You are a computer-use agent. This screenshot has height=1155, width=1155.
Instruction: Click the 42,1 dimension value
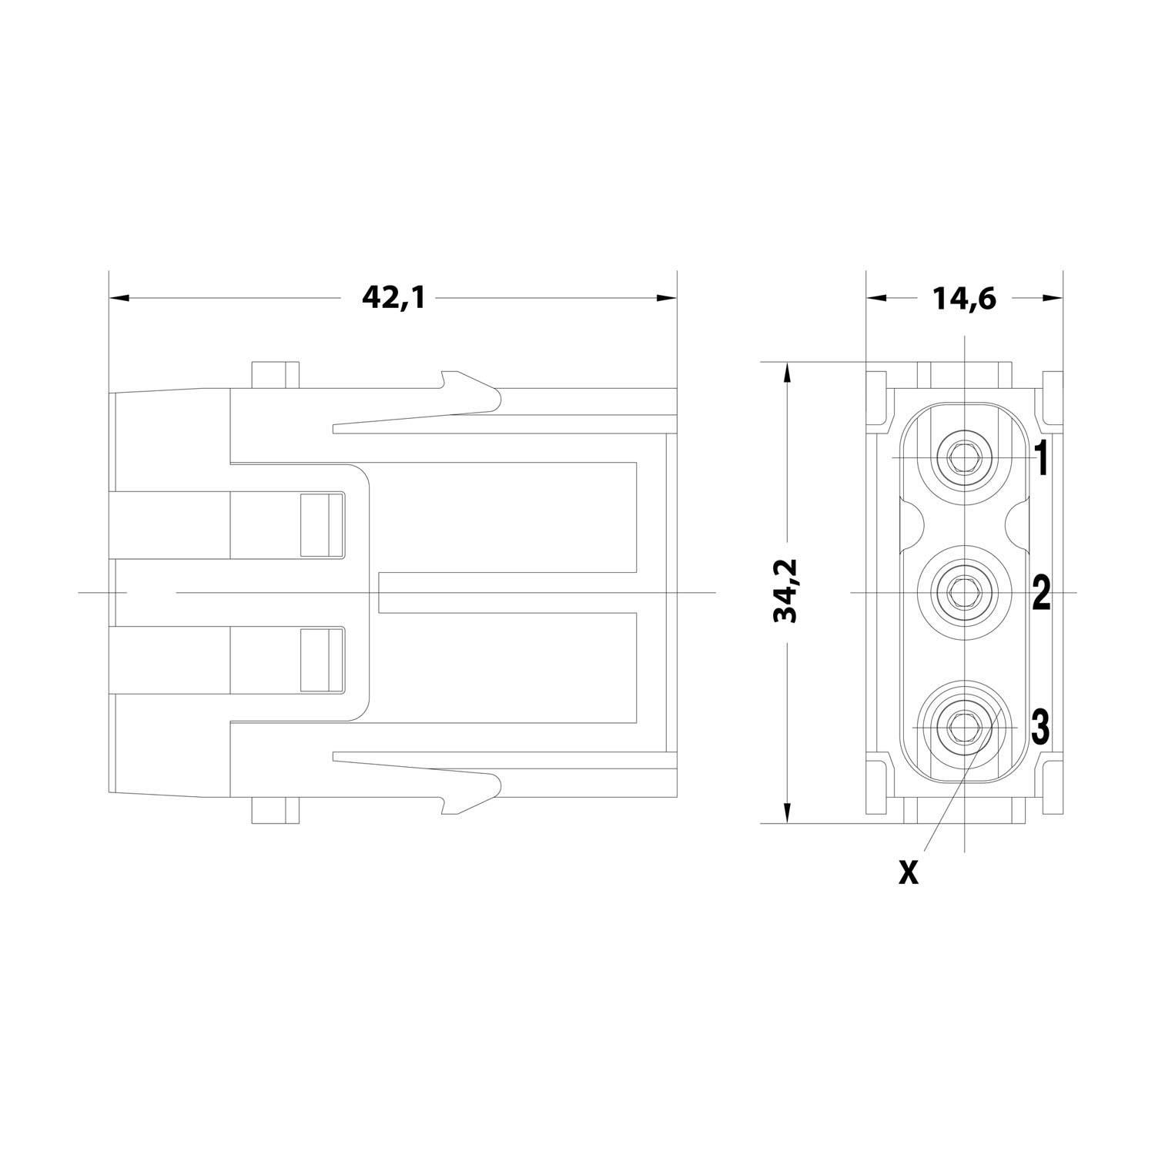pos(393,297)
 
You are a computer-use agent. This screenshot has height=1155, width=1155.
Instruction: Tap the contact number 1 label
pos(1041,459)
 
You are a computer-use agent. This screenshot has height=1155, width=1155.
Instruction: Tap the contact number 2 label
pos(1041,593)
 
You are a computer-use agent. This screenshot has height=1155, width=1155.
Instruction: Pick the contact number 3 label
pos(1039,727)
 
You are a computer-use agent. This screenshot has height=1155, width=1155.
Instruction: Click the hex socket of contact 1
pos(960,458)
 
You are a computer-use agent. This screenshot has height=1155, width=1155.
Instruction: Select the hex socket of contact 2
pos(960,592)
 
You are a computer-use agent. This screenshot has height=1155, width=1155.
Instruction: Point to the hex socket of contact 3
pos(960,726)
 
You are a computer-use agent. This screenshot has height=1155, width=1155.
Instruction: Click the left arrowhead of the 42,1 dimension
pos(119,297)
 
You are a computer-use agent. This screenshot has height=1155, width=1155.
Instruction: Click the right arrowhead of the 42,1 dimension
pos(666,297)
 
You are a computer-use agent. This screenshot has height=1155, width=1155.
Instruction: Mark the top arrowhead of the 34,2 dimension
pos(788,373)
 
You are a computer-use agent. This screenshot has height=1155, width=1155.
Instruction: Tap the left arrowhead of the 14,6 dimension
pos(876,298)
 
